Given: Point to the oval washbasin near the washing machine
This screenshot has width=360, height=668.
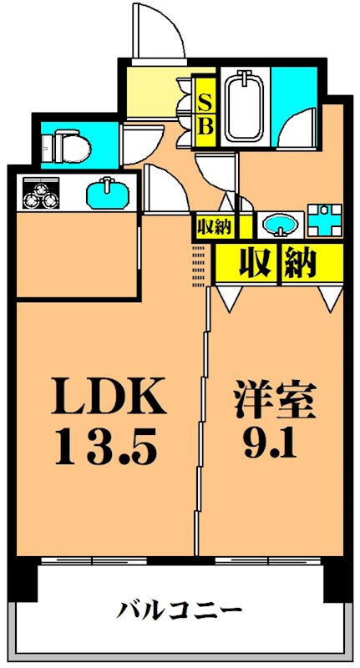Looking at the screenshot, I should coord(280,224).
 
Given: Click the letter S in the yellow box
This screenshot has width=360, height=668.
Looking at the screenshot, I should coord(205,101).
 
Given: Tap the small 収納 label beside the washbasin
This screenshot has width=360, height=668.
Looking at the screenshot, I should coord(215,225).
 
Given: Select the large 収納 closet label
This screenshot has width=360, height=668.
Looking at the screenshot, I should coord(277,263).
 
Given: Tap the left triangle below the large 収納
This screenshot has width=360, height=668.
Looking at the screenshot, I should coord(228,296).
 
